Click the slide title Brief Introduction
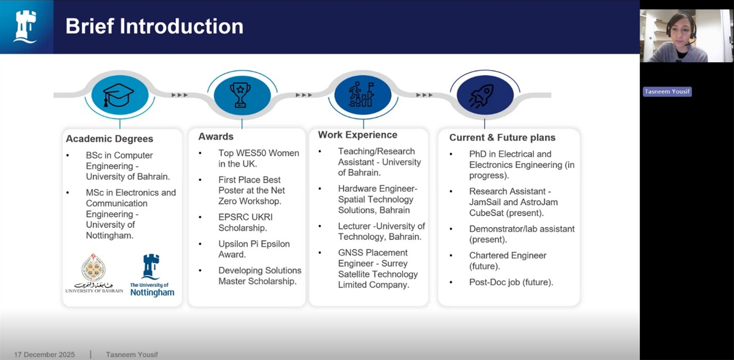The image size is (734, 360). point(154,26)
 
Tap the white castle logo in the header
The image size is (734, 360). point(25,26)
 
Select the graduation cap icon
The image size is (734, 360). point(118,95)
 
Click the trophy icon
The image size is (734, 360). point(241,95)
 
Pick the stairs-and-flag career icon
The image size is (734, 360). point(361,95)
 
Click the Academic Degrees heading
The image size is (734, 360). point(110,139)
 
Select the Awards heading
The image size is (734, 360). point(216,136)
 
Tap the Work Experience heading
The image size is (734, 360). point(357,135)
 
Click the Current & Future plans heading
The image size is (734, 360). point(502,137)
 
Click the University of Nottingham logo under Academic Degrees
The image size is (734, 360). point(152,275)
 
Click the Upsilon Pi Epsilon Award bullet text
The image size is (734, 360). point(254,249)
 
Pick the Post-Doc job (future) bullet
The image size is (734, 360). point(511,282)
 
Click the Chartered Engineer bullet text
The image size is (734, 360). point(508,261)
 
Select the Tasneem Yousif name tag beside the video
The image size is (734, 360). point(667,91)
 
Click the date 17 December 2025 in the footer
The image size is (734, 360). point(44,355)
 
